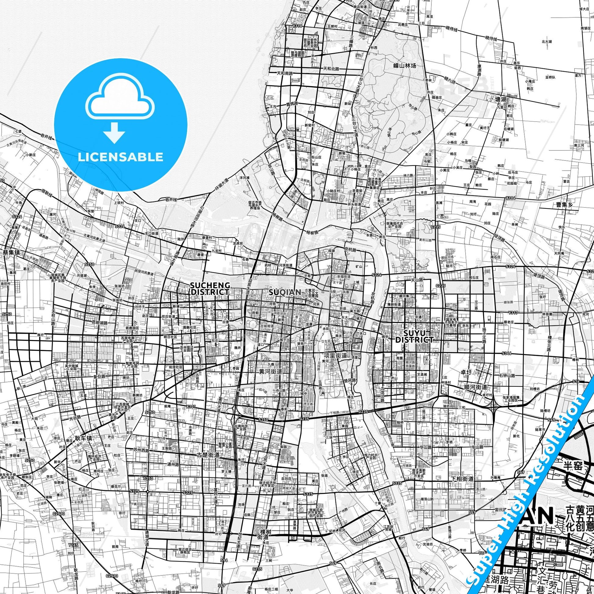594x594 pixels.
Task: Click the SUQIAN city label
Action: pos(281,292)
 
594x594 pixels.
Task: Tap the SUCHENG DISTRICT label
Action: pos(210,289)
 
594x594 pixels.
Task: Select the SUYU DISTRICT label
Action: pos(414,336)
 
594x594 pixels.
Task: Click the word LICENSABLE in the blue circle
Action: pos(121,157)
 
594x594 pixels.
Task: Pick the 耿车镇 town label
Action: pos(83,438)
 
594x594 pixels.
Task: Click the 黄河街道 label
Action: pos(270,371)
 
